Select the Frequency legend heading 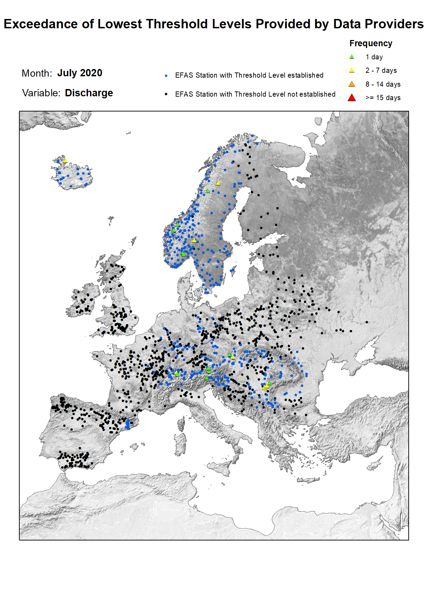click(x=371, y=43)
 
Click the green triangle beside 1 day click(x=352, y=57)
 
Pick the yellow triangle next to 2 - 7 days click(x=352, y=70)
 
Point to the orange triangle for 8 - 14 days click(x=352, y=84)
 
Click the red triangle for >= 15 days click(x=352, y=98)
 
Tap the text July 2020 click(x=80, y=73)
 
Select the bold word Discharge click(x=89, y=93)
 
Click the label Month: click(x=37, y=74)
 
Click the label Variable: click(x=41, y=93)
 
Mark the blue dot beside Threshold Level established click(x=166, y=76)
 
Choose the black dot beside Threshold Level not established click(x=166, y=94)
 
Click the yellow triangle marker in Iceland click(x=65, y=161)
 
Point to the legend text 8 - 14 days click(x=383, y=85)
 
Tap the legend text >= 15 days click(x=383, y=98)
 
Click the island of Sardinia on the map click(x=181, y=444)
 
